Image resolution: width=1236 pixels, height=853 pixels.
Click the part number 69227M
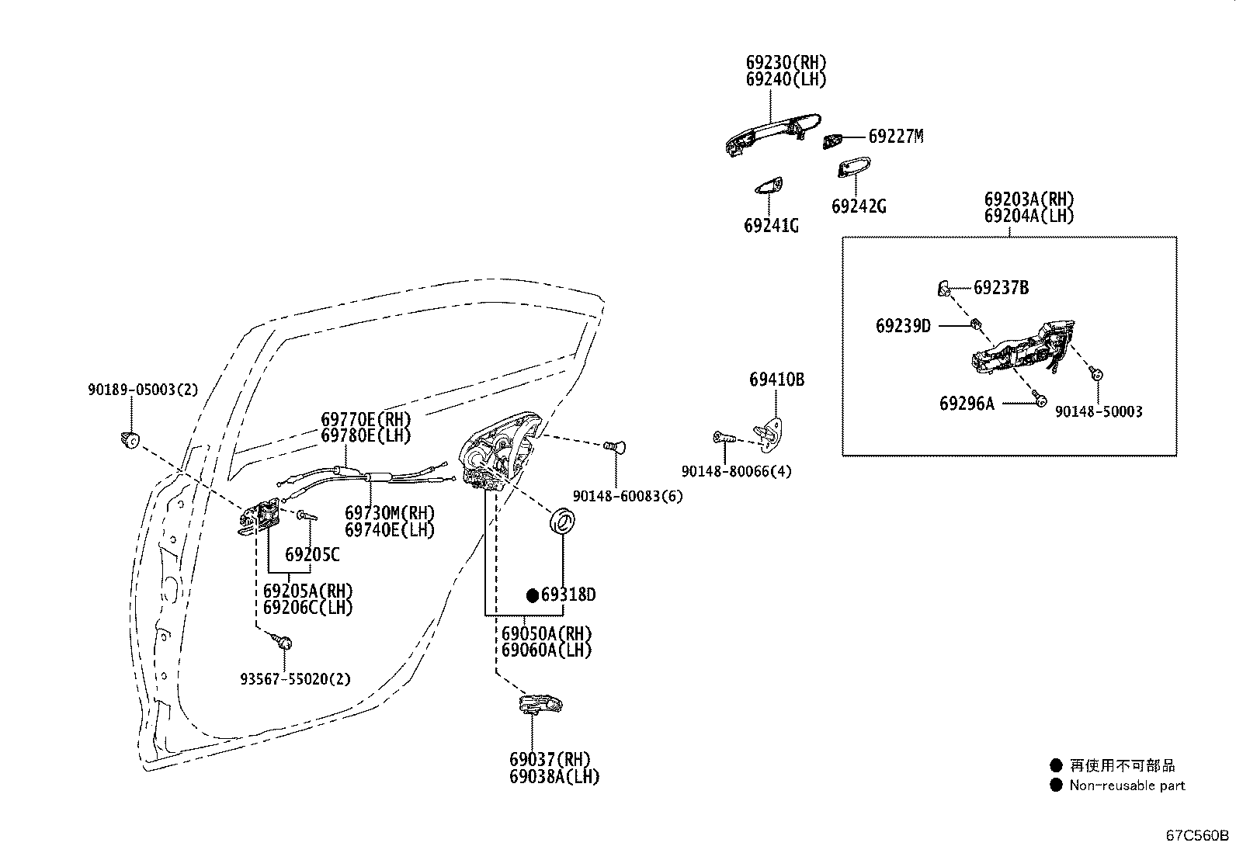tap(895, 137)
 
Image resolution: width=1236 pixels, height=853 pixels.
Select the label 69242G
tap(859, 206)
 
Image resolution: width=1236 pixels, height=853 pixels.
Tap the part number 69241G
tap(771, 226)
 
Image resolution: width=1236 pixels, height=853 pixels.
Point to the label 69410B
tap(776, 380)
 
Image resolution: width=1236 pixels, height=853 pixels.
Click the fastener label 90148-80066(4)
tap(736, 471)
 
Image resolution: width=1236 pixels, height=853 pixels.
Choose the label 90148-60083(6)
tap(627, 496)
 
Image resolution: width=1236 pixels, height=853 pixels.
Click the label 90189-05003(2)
tap(143, 390)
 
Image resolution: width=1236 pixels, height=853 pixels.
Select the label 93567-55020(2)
tap(295, 678)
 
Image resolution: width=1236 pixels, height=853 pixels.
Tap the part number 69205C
tap(312, 554)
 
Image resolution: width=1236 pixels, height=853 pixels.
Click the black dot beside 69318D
tap(533, 595)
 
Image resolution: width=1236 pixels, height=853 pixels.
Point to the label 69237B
tap(1001, 287)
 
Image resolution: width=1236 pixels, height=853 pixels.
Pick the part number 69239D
tap(903, 326)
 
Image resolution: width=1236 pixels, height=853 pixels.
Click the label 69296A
tap(967, 404)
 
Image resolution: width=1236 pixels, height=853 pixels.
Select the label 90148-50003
tap(1099, 411)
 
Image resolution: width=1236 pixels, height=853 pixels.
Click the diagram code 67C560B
tap(1197, 835)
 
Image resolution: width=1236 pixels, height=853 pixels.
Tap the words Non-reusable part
tap(1127, 785)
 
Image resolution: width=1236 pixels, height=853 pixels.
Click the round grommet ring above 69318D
tap(562, 521)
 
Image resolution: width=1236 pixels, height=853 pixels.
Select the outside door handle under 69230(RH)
tap(772, 134)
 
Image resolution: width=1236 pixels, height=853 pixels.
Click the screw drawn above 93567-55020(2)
tap(283, 640)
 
